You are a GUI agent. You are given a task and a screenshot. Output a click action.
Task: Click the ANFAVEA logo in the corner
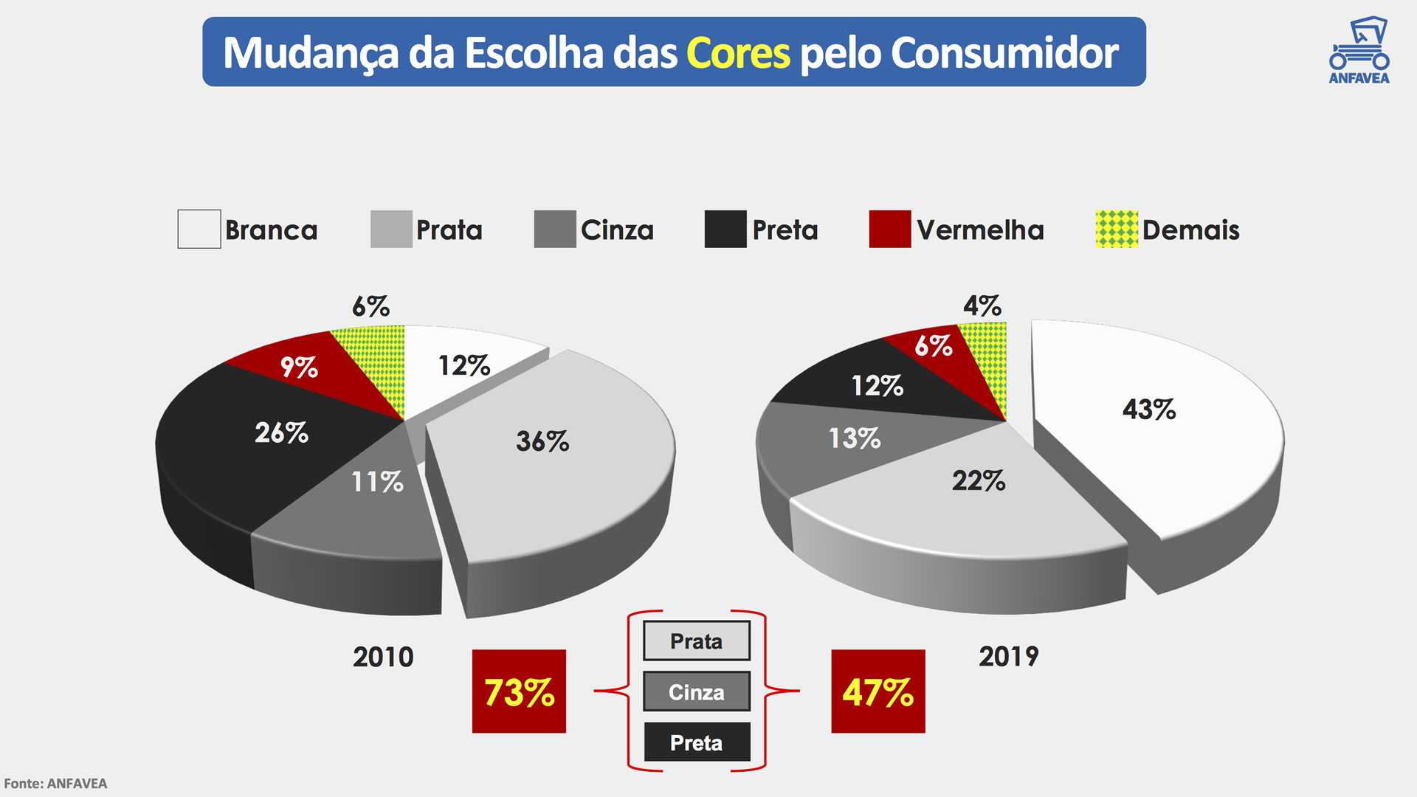pyautogui.click(x=1359, y=51)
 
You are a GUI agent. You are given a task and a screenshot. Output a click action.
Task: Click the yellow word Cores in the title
pyautogui.click(x=738, y=53)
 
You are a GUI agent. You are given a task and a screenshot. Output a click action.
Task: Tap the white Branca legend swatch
pyautogui.click(x=199, y=229)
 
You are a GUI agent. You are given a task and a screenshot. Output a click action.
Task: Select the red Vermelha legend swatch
pyautogui.click(x=889, y=229)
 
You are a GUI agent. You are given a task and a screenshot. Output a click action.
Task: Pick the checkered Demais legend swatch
pyautogui.click(x=1117, y=229)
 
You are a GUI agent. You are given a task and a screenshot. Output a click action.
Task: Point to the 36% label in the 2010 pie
pyautogui.click(x=542, y=441)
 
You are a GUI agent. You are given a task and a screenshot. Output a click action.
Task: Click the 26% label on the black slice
pyautogui.click(x=281, y=432)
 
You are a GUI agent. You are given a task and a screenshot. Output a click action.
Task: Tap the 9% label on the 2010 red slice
pyautogui.click(x=299, y=367)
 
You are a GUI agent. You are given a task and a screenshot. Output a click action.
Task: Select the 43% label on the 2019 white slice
pyautogui.click(x=1148, y=410)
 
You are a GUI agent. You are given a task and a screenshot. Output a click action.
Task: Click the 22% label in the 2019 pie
pyautogui.click(x=978, y=481)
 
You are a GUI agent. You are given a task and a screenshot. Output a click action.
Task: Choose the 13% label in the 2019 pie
pyautogui.click(x=855, y=438)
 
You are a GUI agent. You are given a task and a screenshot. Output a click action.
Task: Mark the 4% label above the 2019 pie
pyautogui.click(x=982, y=306)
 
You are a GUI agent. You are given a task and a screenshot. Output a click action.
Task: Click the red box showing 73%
pyautogui.click(x=519, y=691)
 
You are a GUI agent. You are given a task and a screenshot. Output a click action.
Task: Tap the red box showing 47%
pyautogui.click(x=878, y=691)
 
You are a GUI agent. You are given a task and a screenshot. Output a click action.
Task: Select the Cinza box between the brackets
pyautogui.click(x=696, y=691)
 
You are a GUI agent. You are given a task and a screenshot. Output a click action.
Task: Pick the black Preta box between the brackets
pyautogui.click(x=696, y=742)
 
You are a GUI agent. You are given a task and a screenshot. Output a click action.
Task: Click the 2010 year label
pyautogui.click(x=383, y=657)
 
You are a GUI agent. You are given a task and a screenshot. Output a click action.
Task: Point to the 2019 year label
pyautogui.click(x=1008, y=656)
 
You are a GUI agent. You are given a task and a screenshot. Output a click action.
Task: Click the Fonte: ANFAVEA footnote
pyautogui.click(x=55, y=784)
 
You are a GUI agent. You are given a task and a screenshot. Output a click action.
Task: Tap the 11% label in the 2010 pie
pyautogui.click(x=377, y=482)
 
